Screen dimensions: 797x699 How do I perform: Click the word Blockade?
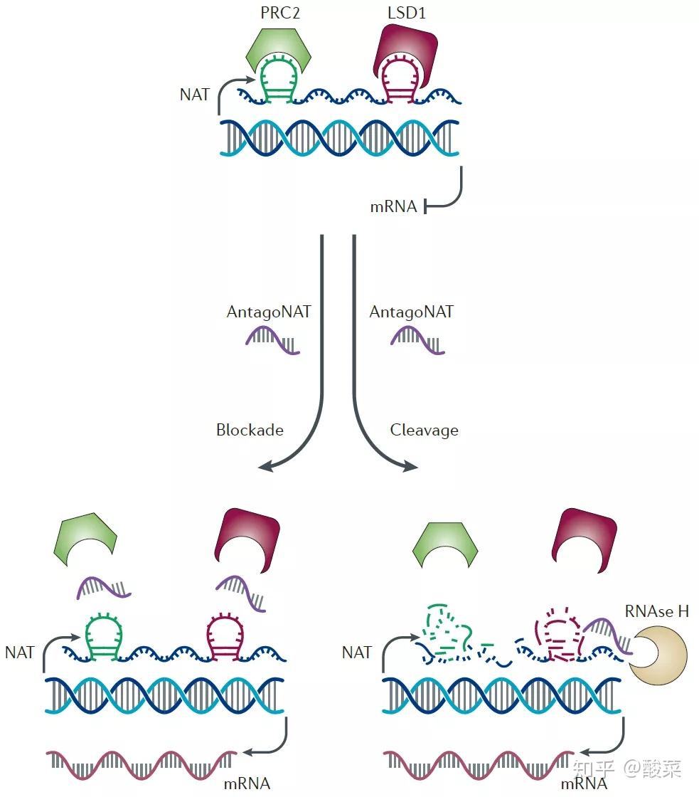(x=250, y=430)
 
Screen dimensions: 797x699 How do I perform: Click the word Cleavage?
(x=424, y=430)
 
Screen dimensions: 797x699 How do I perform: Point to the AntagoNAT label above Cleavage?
(x=412, y=312)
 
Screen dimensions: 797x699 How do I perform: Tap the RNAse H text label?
(x=656, y=611)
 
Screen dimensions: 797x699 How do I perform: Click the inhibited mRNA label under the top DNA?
(x=393, y=208)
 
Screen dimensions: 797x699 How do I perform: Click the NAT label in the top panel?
(x=194, y=94)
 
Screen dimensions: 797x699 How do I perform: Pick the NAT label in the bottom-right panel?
(x=356, y=652)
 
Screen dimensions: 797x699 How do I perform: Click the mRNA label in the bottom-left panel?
(x=246, y=783)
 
